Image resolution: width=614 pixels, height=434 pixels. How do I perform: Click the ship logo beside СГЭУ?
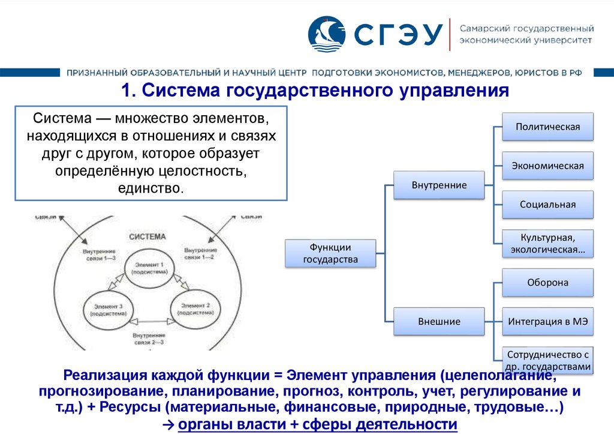pyautogui.click(x=327, y=34)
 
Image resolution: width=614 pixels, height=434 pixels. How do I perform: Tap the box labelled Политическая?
pyautogui.click(x=547, y=127)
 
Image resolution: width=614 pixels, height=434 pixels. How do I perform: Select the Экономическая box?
pyautogui.click(x=547, y=166)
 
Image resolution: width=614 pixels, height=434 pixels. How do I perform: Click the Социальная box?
pyautogui.click(x=547, y=205)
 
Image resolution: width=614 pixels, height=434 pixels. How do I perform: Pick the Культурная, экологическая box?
pyautogui.click(x=547, y=243)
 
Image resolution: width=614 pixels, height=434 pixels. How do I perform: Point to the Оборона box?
pyautogui.click(x=547, y=282)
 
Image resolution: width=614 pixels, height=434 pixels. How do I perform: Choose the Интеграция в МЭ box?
pyautogui.click(x=547, y=321)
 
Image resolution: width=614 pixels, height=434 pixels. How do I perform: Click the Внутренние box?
pyautogui.click(x=439, y=185)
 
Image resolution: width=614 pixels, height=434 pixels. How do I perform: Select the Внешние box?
pyautogui.click(x=439, y=321)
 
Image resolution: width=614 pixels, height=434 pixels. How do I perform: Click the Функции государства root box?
pyautogui.click(x=330, y=253)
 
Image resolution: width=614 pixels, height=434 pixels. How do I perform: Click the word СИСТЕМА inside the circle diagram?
pyautogui.click(x=148, y=237)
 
